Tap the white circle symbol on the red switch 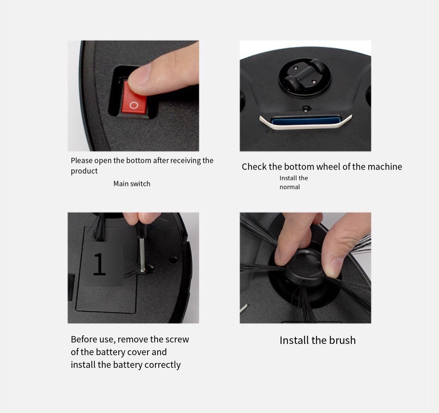pos(134,105)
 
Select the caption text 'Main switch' pos(132,184)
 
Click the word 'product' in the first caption pos(84,171)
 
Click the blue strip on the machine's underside pos(306,121)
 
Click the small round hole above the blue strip pos(305,108)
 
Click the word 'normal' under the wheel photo pos(290,187)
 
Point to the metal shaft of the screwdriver pos(142,254)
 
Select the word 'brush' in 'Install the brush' pos(342,340)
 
